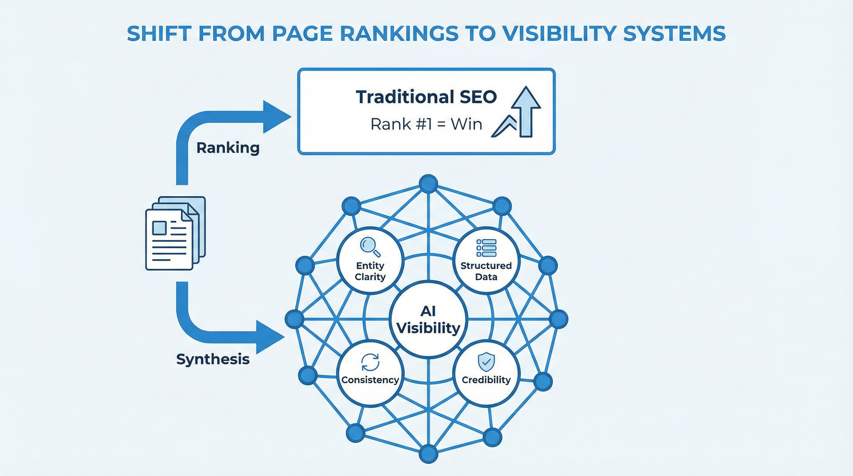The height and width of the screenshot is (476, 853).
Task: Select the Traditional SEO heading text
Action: pos(426,97)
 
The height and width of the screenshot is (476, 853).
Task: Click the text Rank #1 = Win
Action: pos(426,125)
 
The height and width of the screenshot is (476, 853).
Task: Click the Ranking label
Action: pos(228,148)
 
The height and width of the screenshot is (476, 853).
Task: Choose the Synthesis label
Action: pos(213,359)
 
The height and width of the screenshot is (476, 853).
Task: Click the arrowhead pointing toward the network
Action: pos(269,337)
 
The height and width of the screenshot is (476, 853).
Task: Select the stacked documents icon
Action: pos(175,233)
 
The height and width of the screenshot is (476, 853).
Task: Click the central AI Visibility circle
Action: pos(428,320)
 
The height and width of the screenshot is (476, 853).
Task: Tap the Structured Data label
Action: pos(486,271)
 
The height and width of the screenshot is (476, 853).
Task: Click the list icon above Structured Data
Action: pos(486,248)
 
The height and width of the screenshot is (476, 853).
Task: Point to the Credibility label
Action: pos(486,380)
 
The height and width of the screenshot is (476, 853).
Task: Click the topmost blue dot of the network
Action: pos(428,184)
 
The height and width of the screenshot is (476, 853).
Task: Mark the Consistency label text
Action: pos(370,380)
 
